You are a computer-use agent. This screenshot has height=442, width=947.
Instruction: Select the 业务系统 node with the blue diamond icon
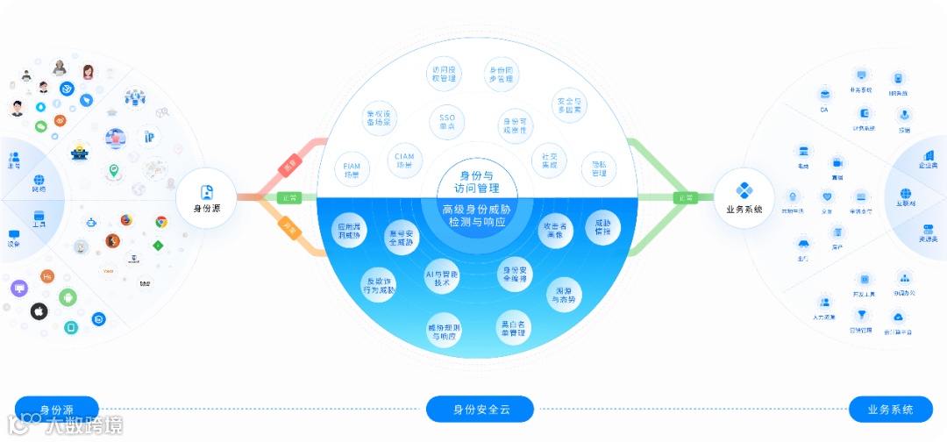point(744,196)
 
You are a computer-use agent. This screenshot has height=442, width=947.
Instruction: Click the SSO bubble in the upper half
point(447,122)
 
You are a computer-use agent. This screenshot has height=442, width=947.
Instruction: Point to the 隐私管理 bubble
point(599,168)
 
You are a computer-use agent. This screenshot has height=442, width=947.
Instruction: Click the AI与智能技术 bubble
point(443,274)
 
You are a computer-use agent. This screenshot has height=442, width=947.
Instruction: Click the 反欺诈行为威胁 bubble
point(380,284)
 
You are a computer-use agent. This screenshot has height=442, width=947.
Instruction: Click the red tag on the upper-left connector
point(290,167)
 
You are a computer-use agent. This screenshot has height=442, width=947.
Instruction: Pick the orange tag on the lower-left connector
point(290,230)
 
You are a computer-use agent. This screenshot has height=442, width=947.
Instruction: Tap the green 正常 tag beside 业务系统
point(683,198)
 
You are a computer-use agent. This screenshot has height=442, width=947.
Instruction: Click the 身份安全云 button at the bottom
point(481,410)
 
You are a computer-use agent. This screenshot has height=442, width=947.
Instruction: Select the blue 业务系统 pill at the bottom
point(890,410)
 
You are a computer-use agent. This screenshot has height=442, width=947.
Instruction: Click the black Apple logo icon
point(39,311)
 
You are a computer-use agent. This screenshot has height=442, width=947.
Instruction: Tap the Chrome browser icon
point(161,222)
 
